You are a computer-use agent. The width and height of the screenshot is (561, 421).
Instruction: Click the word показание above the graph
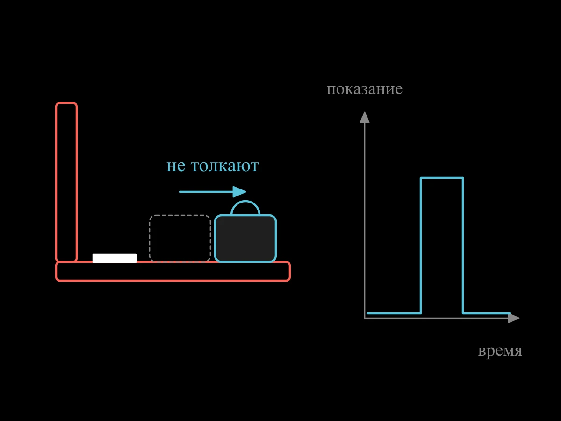[365, 89]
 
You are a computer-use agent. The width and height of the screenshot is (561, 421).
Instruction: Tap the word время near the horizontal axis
[500, 350]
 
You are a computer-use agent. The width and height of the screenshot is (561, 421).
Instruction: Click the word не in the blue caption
[176, 166]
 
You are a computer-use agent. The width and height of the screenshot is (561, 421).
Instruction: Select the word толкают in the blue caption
[225, 166]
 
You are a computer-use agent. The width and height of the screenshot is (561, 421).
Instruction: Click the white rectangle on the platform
[115, 258]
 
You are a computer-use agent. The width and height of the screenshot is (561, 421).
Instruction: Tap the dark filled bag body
[245, 238]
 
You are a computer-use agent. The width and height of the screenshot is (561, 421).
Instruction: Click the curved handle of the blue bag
[245, 202]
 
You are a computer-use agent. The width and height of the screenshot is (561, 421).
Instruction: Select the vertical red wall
[66, 182]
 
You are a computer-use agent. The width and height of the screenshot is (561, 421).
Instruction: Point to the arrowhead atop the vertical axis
[365, 117]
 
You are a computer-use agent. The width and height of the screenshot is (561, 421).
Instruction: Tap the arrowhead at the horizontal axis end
[514, 318]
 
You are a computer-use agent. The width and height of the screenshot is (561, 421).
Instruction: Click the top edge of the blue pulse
[442, 178]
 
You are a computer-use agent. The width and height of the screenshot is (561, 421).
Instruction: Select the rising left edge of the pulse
[421, 246]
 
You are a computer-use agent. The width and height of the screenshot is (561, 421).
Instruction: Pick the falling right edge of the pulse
[463, 246]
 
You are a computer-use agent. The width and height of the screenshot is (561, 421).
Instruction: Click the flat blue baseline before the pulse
[394, 313]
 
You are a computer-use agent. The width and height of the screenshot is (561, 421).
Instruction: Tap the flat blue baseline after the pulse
[487, 313]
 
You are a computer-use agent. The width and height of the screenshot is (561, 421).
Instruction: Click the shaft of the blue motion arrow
[206, 192]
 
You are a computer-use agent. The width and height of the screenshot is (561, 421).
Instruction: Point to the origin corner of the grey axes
[365, 318]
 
